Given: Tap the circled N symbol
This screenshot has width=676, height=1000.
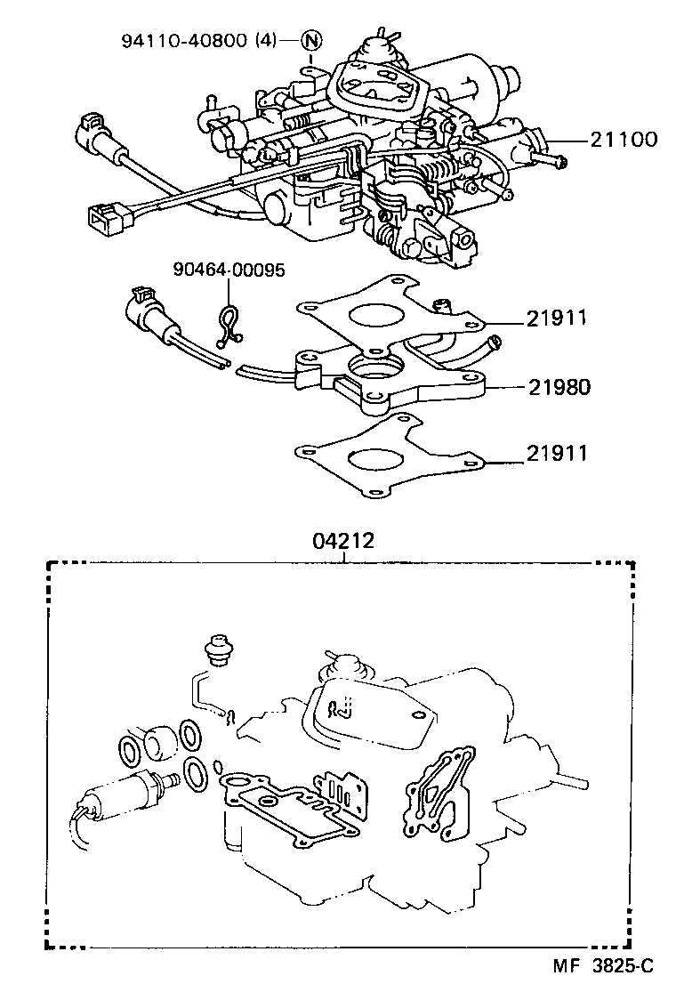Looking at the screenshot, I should (310, 39).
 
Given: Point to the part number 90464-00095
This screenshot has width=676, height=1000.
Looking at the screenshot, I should (229, 269).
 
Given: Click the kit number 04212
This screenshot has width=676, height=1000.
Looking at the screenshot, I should (342, 540).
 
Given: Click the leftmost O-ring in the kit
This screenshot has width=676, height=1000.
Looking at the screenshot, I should (130, 750).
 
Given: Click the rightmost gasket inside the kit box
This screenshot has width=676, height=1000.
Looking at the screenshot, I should (435, 793).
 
